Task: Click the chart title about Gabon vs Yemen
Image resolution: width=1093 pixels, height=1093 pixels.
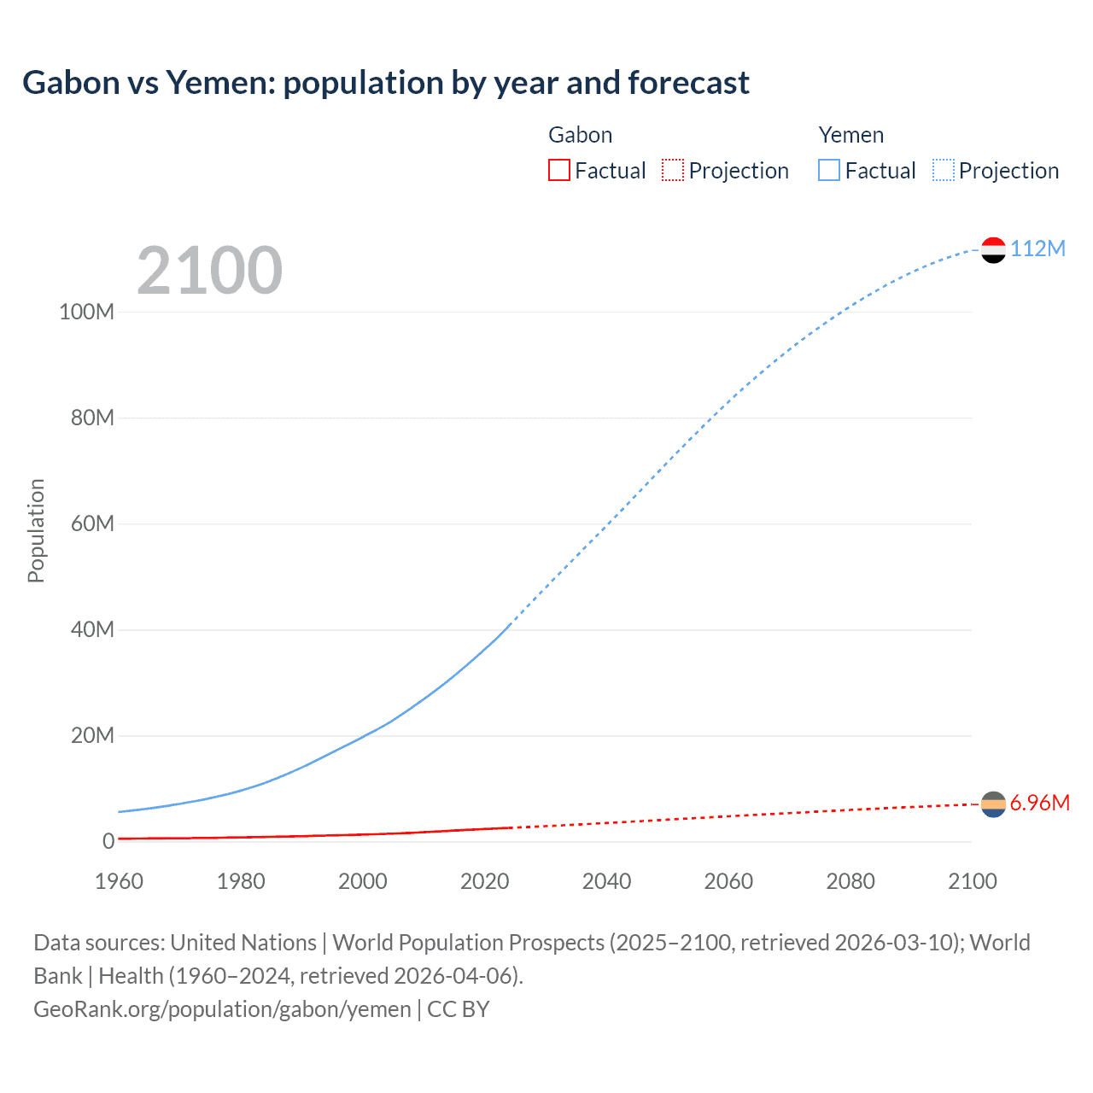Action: pos(385,83)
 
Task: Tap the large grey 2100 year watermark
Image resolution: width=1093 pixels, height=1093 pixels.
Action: pos(209,271)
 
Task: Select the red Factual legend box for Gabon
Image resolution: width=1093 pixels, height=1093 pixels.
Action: pos(558,170)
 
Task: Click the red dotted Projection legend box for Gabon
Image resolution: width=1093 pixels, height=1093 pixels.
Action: pos(673,170)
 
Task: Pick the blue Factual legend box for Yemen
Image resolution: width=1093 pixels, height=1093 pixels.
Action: pos(828,170)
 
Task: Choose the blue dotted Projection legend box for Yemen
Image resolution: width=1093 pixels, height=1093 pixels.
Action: pos(943,170)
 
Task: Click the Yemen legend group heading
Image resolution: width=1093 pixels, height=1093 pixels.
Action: pos(850,135)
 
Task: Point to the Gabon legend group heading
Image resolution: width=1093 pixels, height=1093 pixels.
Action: pos(580,135)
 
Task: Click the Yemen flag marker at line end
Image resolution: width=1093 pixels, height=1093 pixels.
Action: pos(993,249)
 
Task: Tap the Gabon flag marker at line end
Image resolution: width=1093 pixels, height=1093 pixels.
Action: pos(993,804)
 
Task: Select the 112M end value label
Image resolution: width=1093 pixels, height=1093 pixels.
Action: pos(1037,248)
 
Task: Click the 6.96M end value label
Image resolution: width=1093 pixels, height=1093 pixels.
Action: pos(1039,804)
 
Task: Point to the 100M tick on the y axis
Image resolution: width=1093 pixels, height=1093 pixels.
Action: pos(86,312)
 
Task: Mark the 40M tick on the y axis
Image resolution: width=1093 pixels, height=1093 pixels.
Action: pos(91,630)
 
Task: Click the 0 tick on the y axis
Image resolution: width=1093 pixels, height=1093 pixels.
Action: pos(108,841)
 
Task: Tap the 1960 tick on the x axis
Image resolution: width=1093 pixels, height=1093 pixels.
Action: pos(119,881)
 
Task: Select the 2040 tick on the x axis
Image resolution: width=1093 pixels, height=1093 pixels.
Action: pos(606,881)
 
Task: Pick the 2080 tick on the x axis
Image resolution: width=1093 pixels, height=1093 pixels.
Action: pos(850,881)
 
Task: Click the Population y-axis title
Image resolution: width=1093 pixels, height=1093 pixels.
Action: pos(36,530)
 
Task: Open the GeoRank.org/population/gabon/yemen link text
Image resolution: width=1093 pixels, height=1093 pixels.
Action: pos(222,1009)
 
